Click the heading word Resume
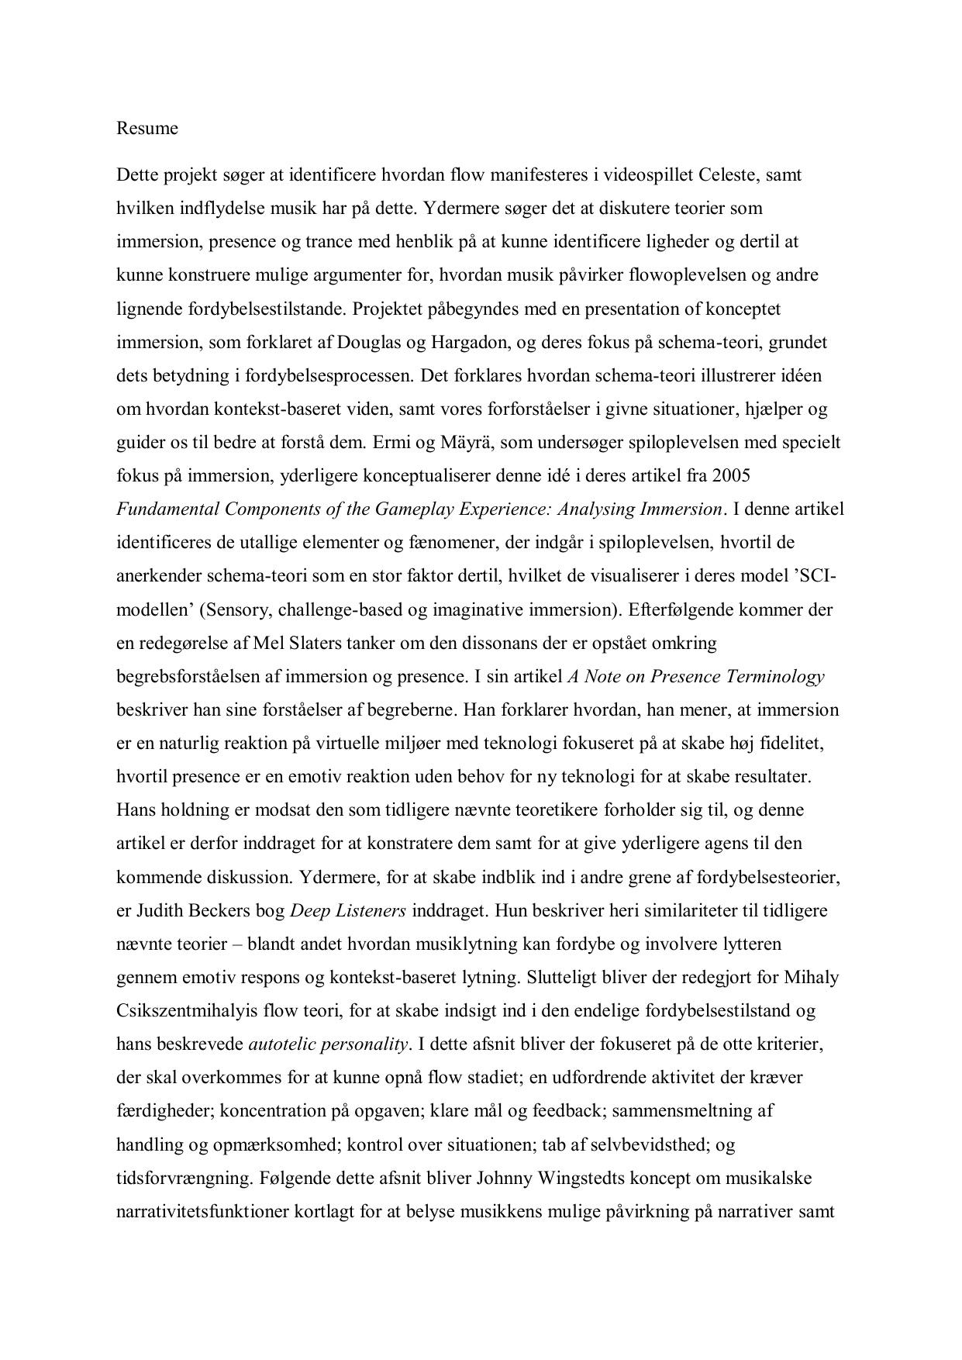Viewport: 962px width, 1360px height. [x=147, y=129]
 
